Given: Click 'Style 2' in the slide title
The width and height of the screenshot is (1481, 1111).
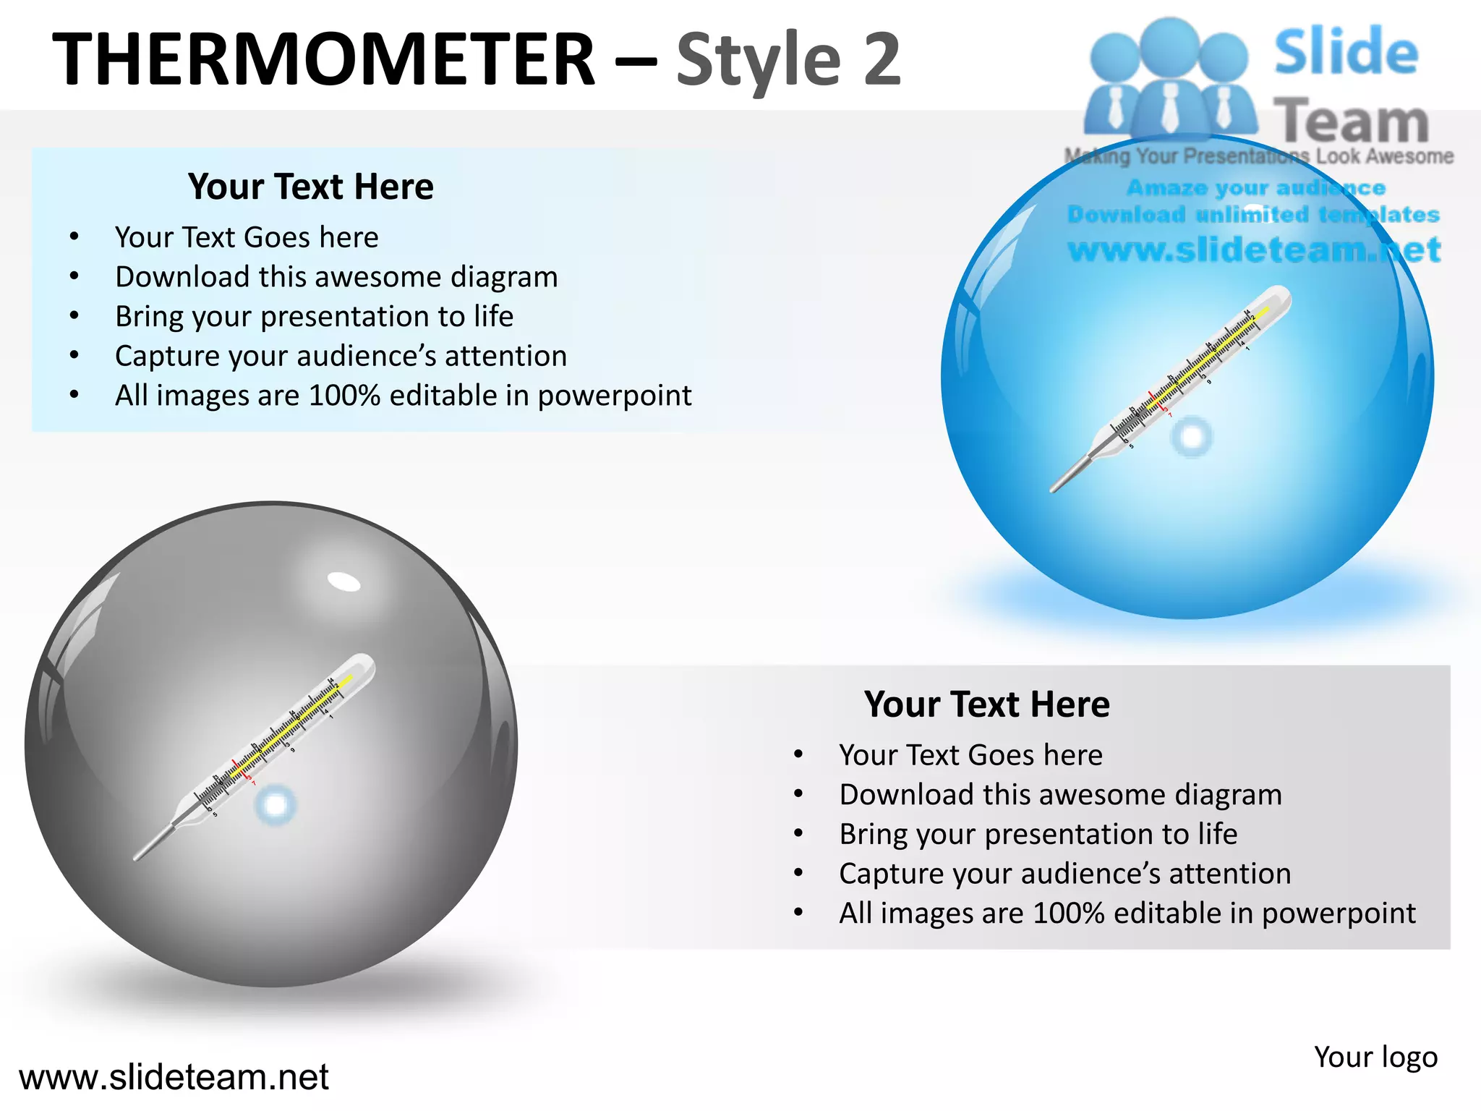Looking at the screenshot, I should [788, 61].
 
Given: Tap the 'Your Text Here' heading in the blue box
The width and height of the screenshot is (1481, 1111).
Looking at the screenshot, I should [311, 187].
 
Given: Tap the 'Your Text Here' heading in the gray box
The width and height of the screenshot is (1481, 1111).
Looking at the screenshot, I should [986, 704].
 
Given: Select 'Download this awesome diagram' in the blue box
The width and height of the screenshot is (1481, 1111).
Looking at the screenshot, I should [336, 277].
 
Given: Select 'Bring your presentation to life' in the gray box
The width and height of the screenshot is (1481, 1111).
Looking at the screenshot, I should [1038, 834].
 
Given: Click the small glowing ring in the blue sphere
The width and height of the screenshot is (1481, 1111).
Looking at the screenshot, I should [1191, 436].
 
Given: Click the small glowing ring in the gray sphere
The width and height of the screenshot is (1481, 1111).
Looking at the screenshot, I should [276, 804].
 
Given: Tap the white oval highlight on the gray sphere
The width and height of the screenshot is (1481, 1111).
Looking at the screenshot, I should [343, 581].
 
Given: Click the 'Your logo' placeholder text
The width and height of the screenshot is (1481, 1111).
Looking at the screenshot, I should [1375, 1057].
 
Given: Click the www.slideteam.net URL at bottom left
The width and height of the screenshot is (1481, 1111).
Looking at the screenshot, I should [174, 1077].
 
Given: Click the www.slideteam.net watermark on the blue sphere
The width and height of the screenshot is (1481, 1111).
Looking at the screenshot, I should [1253, 250].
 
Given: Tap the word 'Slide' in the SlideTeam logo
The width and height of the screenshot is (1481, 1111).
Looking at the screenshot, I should [1346, 52].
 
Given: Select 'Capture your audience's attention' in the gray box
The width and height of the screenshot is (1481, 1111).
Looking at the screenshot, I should [1064, 874].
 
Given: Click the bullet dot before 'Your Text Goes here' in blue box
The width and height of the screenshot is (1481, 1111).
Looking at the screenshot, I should [74, 237].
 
